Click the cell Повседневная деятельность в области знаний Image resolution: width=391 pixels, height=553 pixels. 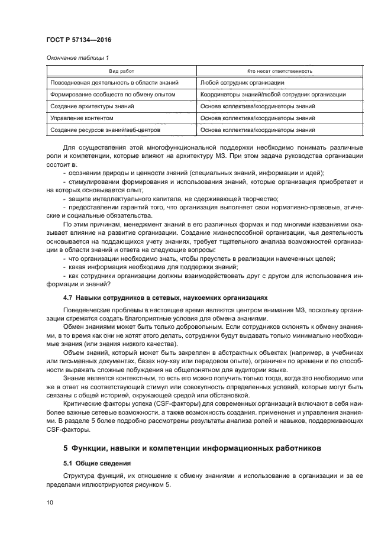tap(114, 83)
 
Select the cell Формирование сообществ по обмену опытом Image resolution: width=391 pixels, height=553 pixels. tap(114, 95)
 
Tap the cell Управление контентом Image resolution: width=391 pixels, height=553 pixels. tap(81, 118)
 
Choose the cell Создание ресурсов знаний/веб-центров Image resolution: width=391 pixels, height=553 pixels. tap(105, 130)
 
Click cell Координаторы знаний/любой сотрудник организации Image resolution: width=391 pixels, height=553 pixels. tap(273, 95)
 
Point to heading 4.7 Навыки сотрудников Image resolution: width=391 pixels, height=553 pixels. tap(165, 298)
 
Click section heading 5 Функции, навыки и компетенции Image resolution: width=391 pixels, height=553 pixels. tap(192, 448)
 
